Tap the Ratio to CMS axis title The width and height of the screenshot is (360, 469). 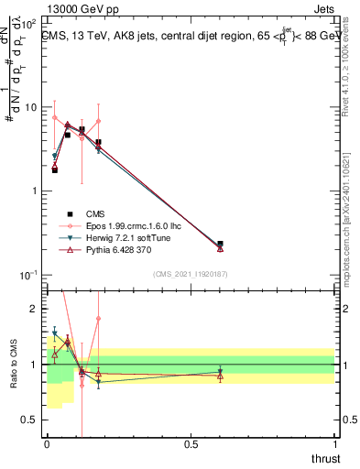click(x=13, y=380)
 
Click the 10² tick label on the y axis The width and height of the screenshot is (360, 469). click(x=30, y=23)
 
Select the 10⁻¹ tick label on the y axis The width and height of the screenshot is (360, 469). click(x=30, y=275)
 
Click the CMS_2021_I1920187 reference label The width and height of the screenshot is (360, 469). click(x=191, y=273)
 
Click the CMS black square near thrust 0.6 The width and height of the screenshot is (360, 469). click(x=220, y=244)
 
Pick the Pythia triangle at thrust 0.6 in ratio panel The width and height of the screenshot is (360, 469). click(x=220, y=376)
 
